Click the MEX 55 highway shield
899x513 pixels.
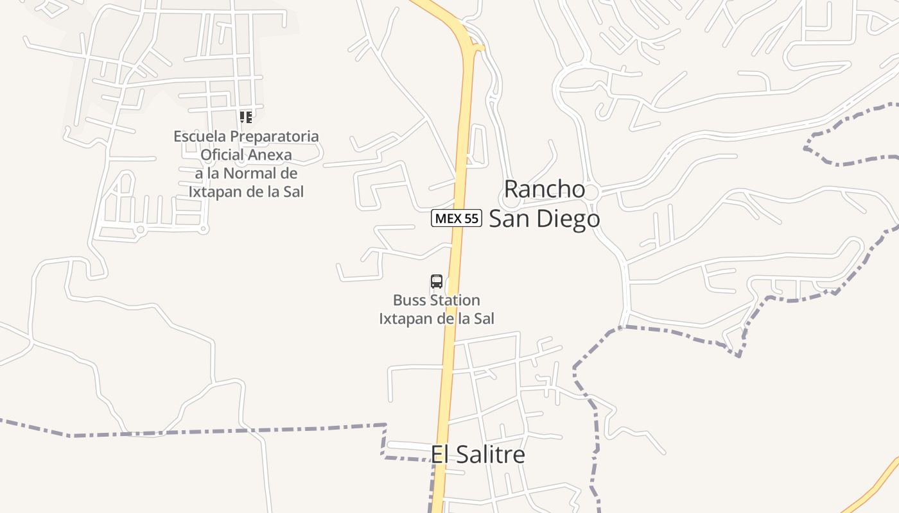[456, 218]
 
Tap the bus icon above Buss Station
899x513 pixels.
[437, 281]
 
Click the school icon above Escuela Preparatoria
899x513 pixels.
[245, 117]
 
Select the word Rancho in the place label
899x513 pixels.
[545, 189]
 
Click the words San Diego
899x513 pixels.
[545, 219]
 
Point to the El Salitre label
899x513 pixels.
[478, 455]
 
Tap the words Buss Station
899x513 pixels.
[437, 300]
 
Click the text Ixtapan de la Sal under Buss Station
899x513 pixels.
[437, 319]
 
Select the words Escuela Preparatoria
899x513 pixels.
[246, 136]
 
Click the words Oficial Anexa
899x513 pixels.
[246, 155]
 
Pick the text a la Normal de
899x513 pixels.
[246, 173]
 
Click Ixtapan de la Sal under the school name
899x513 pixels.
[246, 192]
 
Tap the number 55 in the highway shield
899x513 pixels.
[471, 218]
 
